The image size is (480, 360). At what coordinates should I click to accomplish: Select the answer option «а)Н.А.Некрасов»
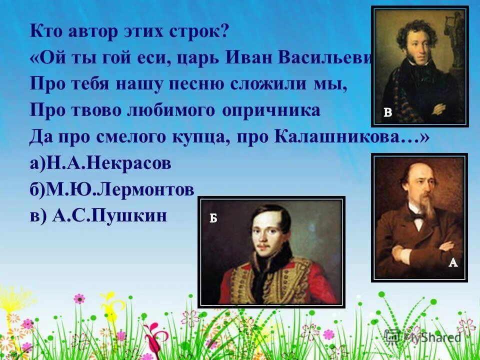[x=100, y=163]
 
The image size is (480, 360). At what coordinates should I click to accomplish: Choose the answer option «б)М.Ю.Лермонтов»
[x=111, y=189]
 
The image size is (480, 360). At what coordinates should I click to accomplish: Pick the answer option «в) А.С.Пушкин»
[x=97, y=216]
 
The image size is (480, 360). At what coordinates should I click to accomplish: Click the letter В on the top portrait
[x=387, y=113]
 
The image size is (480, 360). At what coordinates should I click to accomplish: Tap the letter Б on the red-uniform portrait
[x=213, y=218]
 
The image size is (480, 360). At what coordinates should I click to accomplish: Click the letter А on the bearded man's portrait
[x=453, y=262]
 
